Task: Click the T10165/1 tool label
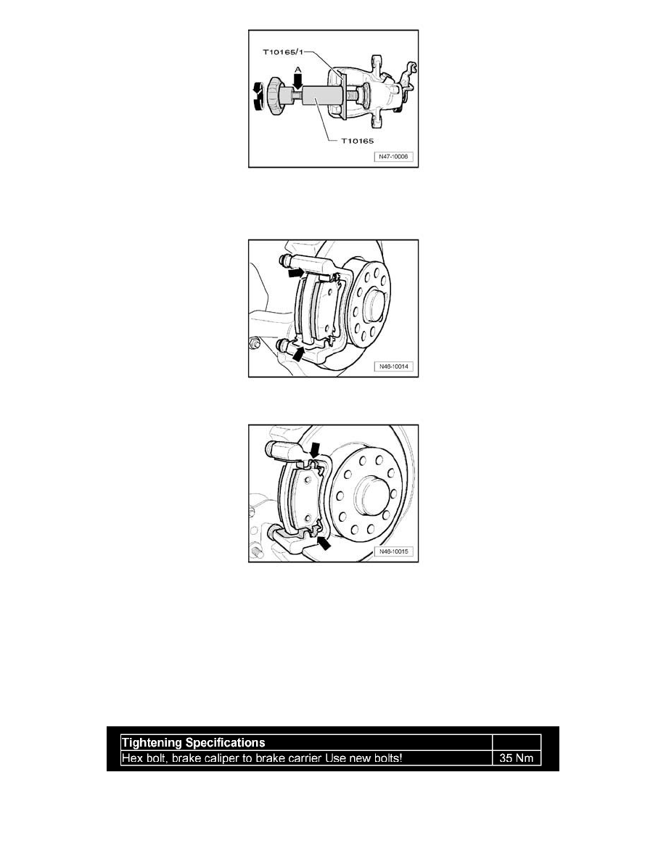tap(283, 53)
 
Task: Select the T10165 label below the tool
tap(357, 141)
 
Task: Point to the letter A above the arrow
tap(298, 70)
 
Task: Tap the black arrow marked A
tap(298, 81)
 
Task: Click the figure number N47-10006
tap(393, 157)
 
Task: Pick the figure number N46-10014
tap(393, 366)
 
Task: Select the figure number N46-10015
tap(393, 551)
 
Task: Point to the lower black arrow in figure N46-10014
tap(298, 354)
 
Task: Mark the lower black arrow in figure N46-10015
tap(325, 543)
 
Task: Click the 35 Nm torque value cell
tap(517, 758)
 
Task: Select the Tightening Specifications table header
tap(194, 743)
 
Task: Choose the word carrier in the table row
tap(305, 758)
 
